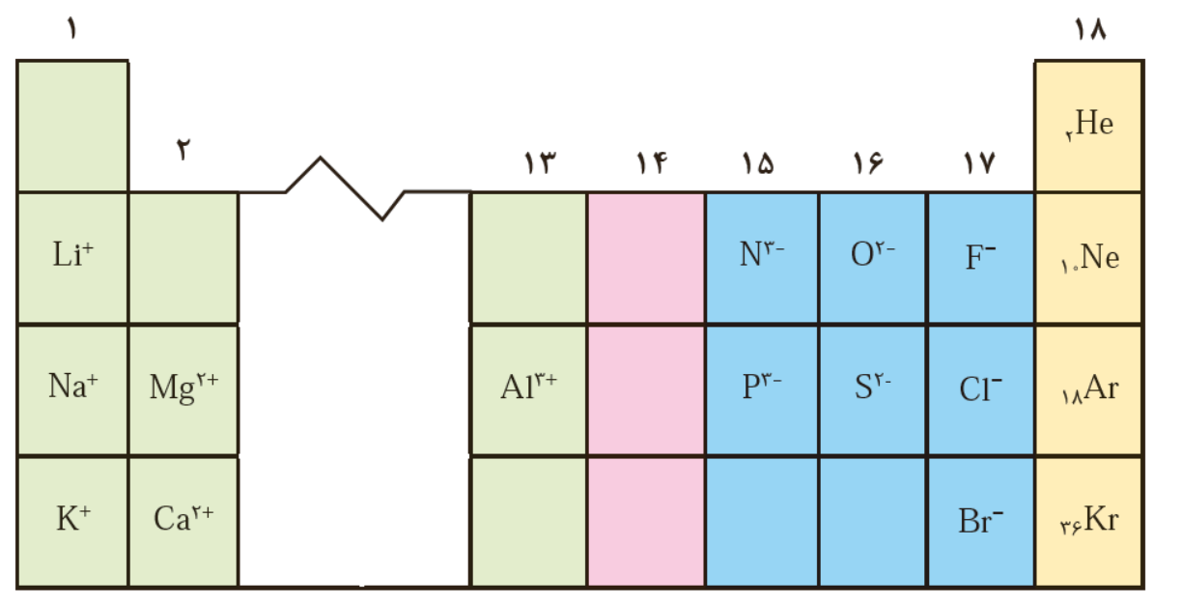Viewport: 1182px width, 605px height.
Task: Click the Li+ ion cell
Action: (x=72, y=256)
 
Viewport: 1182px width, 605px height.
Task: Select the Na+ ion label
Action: (x=72, y=387)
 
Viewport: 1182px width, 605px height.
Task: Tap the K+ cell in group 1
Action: (x=72, y=519)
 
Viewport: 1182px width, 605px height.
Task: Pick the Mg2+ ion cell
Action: (x=183, y=387)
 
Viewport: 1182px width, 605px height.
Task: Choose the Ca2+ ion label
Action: (x=183, y=519)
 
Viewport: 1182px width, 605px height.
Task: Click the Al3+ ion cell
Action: (x=528, y=387)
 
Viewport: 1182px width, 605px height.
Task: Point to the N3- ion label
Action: (x=762, y=255)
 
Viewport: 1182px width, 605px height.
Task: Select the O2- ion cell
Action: (x=873, y=255)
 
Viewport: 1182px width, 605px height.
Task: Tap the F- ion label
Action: (x=981, y=257)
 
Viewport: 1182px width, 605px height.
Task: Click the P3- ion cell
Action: (x=762, y=387)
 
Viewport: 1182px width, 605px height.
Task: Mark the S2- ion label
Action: (x=873, y=387)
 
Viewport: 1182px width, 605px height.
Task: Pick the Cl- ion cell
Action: (x=981, y=389)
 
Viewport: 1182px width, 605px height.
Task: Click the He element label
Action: (x=1089, y=125)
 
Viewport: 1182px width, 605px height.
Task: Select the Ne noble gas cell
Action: (x=1089, y=258)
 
